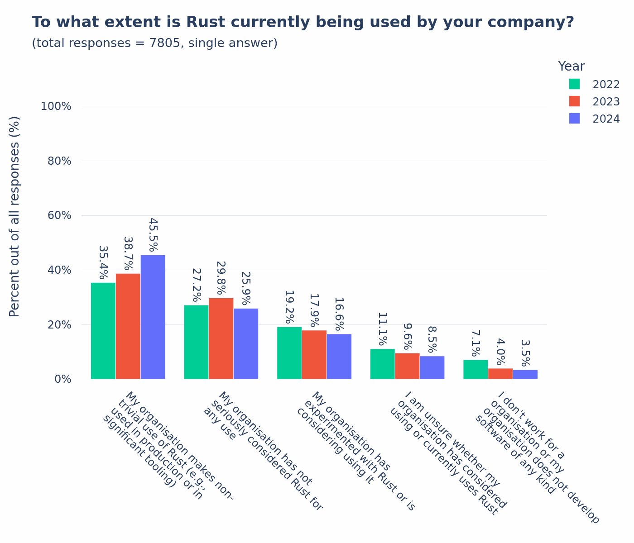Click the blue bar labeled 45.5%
[153, 317]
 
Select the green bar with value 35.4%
[103, 331]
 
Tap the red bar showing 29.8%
[221, 338]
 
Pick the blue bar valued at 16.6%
[339, 357]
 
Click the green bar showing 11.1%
[382, 364]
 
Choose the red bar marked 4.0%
[500, 374]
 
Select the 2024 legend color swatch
[574, 119]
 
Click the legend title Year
[571, 67]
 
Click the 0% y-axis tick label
[63, 379]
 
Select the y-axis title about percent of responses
[14, 216]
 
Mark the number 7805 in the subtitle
[165, 43]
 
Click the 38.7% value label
[128, 253]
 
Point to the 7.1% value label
[475, 343]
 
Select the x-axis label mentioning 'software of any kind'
[537, 457]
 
